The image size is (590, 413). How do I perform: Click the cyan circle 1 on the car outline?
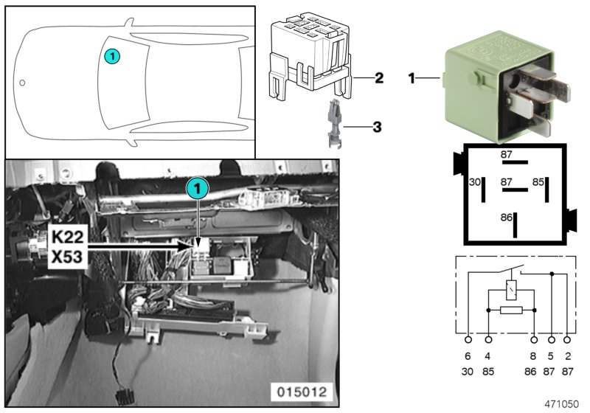click(x=111, y=55)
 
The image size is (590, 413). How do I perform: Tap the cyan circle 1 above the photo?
click(x=197, y=190)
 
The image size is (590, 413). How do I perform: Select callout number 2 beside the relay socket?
click(x=378, y=77)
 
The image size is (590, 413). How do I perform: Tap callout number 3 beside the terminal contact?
click(x=377, y=127)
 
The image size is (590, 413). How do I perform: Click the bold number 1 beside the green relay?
click(x=413, y=77)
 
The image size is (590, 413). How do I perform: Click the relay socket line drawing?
click(x=310, y=55)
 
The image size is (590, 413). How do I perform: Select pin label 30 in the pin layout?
click(x=475, y=181)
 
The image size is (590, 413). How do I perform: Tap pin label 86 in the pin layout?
click(x=506, y=218)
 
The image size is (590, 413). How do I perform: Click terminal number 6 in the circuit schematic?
click(x=468, y=355)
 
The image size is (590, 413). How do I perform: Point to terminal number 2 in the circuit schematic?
click(x=567, y=355)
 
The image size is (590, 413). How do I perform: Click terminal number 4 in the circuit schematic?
click(x=488, y=355)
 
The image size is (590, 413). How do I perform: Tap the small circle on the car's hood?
click(x=23, y=83)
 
